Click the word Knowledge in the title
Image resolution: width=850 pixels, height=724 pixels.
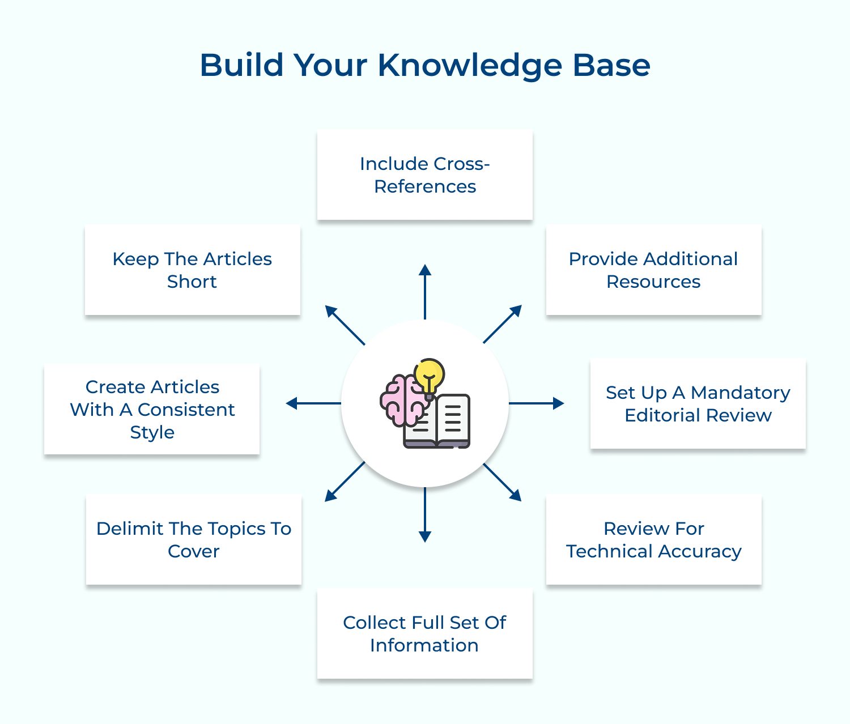(x=470, y=66)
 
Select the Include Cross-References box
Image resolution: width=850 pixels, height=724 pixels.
(x=425, y=174)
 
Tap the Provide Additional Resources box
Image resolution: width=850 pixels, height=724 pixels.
(x=653, y=270)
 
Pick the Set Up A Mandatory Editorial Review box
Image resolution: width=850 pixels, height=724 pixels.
(x=698, y=403)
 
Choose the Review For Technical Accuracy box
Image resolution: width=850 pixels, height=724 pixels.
(x=653, y=539)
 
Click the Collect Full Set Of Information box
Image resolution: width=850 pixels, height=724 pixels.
(x=424, y=633)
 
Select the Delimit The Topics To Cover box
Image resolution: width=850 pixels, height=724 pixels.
(x=193, y=539)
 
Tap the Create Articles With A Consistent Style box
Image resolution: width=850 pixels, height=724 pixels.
(x=152, y=409)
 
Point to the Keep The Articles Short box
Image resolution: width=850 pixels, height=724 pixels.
(x=192, y=270)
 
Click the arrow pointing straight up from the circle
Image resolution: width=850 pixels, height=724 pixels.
(x=425, y=291)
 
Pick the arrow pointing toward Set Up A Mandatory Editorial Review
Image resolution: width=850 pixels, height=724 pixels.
(x=536, y=403)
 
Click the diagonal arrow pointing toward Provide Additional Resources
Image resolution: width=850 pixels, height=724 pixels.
(x=502, y=325)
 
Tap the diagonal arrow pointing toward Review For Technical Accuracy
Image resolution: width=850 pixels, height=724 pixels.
(x=502, y=482)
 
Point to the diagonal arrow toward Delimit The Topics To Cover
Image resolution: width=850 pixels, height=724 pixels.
(x=345, y=482)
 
